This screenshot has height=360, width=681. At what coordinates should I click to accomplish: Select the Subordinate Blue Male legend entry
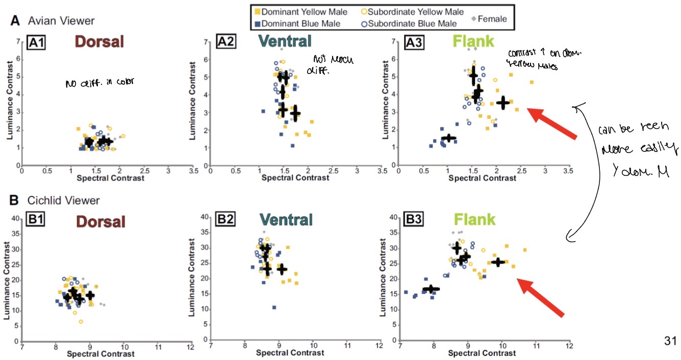[409, 23]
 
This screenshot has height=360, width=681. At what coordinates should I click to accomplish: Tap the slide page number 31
[669, 340]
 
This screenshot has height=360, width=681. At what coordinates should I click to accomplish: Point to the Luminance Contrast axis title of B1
[7, 279]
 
